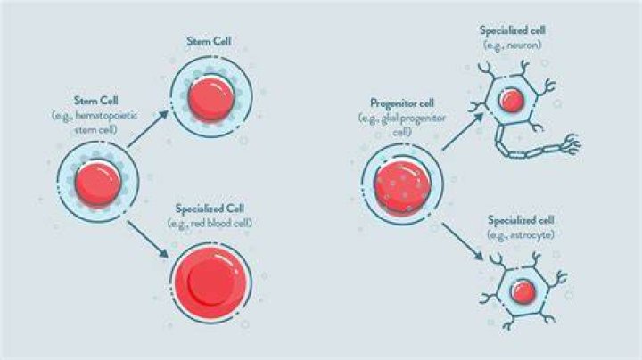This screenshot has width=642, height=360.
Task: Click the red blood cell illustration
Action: [210, 282]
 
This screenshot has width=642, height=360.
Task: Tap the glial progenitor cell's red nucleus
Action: [402, 188]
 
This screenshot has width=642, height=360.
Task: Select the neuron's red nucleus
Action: [512, 100]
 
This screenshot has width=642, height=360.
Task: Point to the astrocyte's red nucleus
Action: [523, 291]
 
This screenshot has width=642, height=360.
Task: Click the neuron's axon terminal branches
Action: [571, 145]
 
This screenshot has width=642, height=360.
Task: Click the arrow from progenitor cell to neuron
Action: [463, 131]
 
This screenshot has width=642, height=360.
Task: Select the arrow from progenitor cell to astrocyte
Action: [463, 241]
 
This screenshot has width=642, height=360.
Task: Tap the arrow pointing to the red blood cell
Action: [148, 240]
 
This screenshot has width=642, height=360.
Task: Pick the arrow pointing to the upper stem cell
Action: [148, 128]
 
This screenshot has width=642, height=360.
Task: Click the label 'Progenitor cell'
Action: [401, 103]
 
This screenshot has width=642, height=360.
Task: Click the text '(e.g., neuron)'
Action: [512, 45]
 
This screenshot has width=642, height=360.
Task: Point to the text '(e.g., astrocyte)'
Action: [521, 235]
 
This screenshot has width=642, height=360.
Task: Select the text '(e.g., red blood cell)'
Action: [210, 224]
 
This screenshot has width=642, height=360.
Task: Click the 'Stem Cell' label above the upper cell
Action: [209, 41]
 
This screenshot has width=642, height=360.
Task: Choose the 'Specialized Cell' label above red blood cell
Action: [210, 209]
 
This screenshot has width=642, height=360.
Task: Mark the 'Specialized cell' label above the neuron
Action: [512, 30]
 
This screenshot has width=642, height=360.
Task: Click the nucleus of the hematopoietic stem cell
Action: [98, 184]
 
